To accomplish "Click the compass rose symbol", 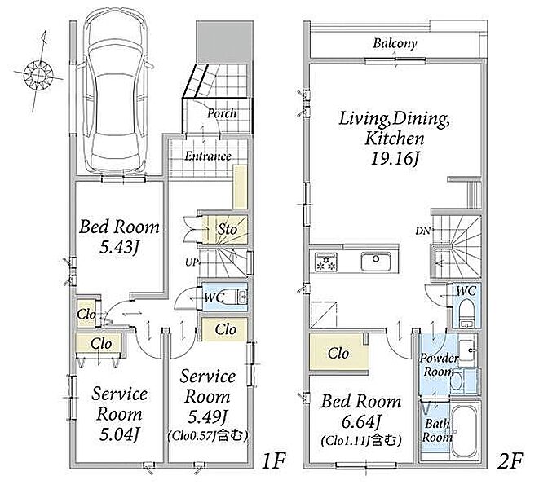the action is click(38, 73).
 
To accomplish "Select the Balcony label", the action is click(395, 44).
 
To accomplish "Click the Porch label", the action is click(222, 113).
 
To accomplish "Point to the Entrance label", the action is click(208, 156).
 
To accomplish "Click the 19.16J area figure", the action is click(395, 159).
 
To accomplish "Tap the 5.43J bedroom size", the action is click(119, 247).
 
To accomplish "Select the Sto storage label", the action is click(227, 229).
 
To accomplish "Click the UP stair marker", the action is click(192, 263).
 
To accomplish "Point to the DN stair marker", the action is click(423, 231).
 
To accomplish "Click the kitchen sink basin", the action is click(376, 262).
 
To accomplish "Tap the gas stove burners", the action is click(326, 262).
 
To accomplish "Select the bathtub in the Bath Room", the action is click(464, 432).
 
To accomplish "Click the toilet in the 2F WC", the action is click(466, 312).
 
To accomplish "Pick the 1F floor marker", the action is click(274, 461).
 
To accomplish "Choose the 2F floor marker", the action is click(510, 461).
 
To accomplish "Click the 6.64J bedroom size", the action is click(361, 421).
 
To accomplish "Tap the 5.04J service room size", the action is click(119, 434).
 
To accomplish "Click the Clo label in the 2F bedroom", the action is click(338, 353).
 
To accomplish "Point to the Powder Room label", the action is click(438, 364).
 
